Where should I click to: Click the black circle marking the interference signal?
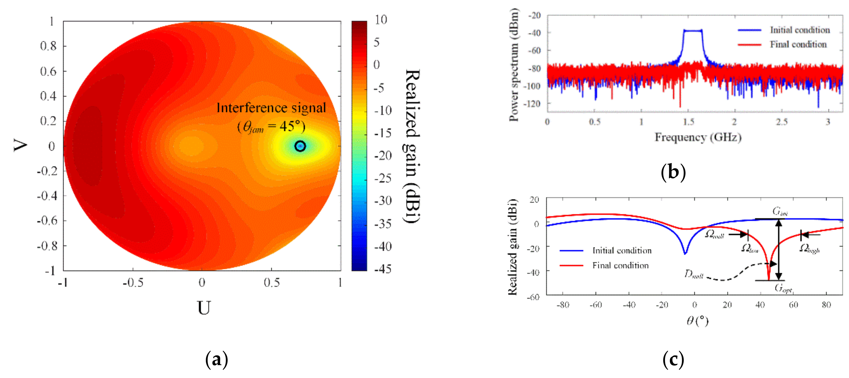[x=300, y=146]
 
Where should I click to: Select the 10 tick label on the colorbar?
[x=381, y=20]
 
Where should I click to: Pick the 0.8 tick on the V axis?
[x=48, y=46]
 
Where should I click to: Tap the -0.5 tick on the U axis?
[x=133, y=283]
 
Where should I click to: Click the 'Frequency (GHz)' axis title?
[x=698, y=137]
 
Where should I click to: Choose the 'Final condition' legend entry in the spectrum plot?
[x=798, y=44]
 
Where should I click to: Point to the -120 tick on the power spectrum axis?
[x=534, y=104]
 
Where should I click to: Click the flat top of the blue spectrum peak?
[x=693, y=31]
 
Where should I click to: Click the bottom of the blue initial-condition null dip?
[x=685, y=254]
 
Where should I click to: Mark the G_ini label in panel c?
[x=780, y=212]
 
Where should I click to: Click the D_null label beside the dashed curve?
[x=693, y=274]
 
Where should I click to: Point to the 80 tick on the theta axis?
[x=826, y=305]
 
